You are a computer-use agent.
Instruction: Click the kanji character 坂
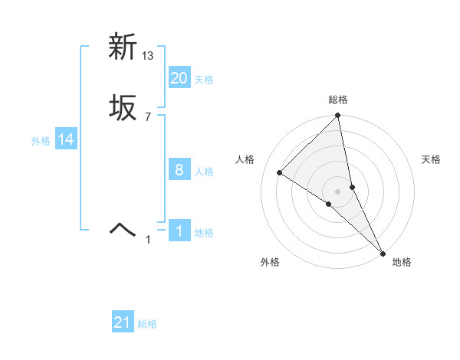(122, 109)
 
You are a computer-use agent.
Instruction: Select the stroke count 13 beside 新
(149, 55)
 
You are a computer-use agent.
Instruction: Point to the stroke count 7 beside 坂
(148, 117)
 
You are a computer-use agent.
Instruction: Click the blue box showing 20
(179, 77)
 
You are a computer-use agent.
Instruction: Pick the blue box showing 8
(179, 170)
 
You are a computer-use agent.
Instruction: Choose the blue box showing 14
(66, 139)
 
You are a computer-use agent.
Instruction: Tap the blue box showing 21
(123, 322)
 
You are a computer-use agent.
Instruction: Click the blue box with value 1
(179, 231)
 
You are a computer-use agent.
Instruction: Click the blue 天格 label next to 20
(204, 79)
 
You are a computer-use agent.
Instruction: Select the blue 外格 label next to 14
(41, 140)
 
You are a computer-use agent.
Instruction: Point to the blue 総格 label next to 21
(147, 324)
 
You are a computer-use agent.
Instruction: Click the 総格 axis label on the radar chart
(338, 100)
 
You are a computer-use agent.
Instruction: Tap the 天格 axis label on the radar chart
(432, 159)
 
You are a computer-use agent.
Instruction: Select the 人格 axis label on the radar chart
(245, 159)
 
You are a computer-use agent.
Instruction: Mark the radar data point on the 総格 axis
(338, 116)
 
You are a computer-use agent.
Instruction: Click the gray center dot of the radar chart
(338, 191)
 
